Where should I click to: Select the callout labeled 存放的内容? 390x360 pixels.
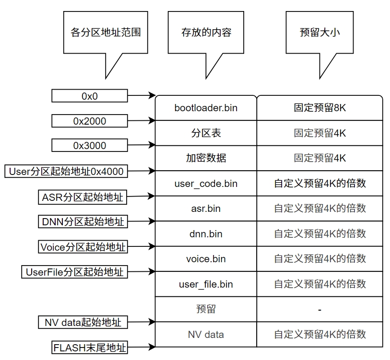point(206,33)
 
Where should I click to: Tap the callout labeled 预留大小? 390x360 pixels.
point(319,33)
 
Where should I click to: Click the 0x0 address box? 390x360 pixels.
point(89,96)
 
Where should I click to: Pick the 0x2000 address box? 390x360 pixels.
point(89,121)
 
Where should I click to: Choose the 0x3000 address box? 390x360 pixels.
point(89,146)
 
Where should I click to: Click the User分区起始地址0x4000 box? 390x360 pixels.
point(66,171)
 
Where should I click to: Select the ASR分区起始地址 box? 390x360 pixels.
point(83,197)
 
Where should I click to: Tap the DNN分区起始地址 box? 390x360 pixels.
point(83,221)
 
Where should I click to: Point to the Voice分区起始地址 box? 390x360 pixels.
point(83,247)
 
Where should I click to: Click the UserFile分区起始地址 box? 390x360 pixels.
point(74,272)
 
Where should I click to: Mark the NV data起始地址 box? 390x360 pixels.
point(83,322)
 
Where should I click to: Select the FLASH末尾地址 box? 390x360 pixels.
point(89,347)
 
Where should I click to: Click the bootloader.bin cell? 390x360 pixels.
point(206,108)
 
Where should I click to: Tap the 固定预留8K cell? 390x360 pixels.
point(319,108)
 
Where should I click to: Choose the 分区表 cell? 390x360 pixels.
point(206,133)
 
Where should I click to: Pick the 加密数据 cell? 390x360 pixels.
point(206,158)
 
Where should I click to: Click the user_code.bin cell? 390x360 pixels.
point(206,184)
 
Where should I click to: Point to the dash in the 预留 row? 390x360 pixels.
point(319,310)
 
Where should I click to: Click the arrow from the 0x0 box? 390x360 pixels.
point(142,96)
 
